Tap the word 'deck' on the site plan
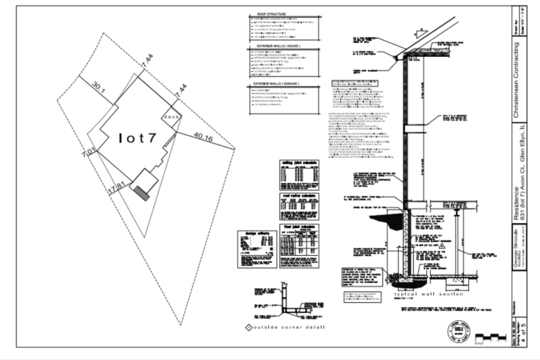point(172,116)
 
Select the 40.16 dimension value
point(203,137)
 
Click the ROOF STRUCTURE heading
point(271,14)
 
